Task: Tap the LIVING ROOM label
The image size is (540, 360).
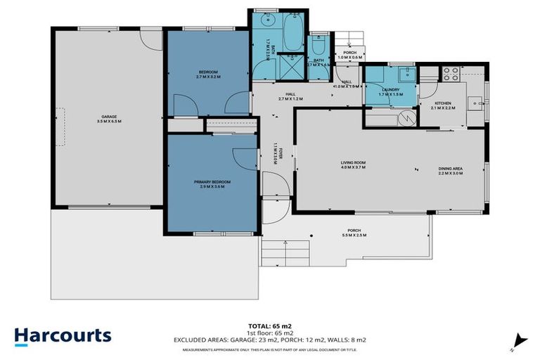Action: tap(354, 165)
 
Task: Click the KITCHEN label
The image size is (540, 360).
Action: tap(442, 105)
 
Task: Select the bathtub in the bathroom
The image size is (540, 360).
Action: tap(291, 31)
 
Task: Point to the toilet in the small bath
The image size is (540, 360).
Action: tap(318, 46)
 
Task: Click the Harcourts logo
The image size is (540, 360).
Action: tap(63, 335)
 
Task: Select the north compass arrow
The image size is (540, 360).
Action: tap(520, 340)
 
